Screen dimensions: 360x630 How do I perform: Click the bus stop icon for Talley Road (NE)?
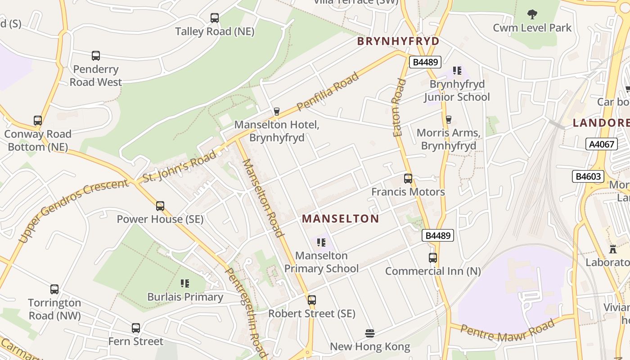215,18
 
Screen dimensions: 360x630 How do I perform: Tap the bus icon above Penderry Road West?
96,56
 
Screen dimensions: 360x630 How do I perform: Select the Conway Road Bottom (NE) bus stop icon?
38,121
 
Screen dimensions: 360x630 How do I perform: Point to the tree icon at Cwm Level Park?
532,14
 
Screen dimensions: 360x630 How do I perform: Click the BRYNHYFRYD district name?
398,41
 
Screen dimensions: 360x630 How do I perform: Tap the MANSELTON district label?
340,219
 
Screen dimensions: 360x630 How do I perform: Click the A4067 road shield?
601,144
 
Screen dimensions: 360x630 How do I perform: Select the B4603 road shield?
588,176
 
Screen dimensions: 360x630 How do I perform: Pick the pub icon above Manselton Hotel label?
277,112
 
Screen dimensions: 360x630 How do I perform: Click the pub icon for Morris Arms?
448,119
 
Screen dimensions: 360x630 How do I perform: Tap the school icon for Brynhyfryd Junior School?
457,71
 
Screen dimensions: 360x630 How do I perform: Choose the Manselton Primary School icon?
321,243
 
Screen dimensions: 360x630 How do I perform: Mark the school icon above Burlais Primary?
185,283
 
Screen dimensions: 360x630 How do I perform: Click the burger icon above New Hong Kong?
370,333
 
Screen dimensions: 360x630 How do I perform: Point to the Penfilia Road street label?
328,91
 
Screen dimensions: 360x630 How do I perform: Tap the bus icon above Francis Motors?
408,179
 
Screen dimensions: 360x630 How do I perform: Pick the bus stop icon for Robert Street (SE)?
311,300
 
